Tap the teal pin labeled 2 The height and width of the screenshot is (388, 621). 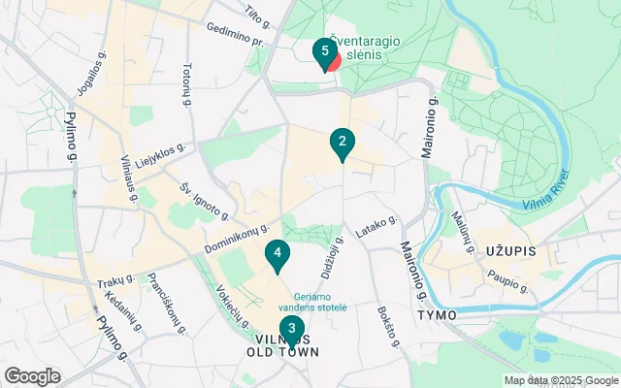(341, 144)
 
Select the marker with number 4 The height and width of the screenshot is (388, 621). (278, 255)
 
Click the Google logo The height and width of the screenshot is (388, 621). (32, 375)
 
